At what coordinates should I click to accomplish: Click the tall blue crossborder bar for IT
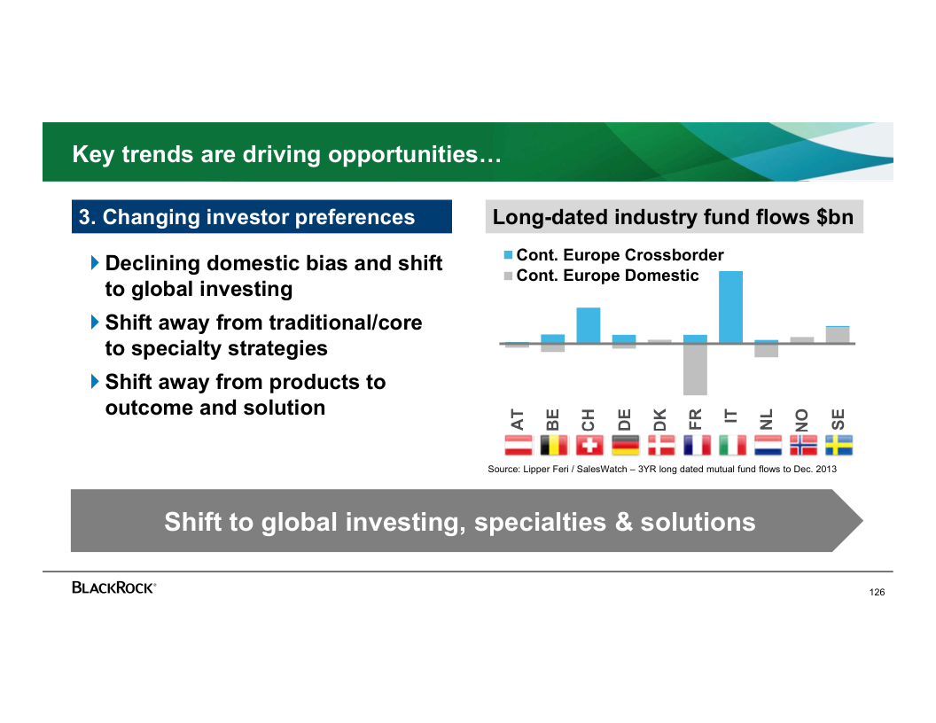[730, 307]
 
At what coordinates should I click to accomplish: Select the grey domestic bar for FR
[696, 369]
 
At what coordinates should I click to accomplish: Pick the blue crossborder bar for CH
[589, 325]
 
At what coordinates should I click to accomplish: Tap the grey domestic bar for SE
[838, 335]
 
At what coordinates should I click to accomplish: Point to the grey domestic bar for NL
[767, 351]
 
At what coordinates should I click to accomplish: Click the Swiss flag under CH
[589, 445]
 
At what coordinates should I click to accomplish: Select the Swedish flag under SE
[839, 445]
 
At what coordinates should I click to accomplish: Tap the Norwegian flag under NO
[803, 445]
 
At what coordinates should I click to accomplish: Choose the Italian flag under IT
[732, 445]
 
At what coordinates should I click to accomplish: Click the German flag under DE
[625, 445]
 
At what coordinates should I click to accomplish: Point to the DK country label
[659, 419]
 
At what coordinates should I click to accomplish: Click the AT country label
[517, 419]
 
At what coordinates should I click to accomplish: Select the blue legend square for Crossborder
[508, 255]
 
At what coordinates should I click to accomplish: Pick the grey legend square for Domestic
[508, 276]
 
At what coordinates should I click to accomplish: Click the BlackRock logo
[114, 587]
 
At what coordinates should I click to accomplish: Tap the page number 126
[877, 593]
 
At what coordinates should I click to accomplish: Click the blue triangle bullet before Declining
[95, 262]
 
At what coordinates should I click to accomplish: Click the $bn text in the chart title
[836, 217]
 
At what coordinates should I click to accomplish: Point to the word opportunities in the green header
[403, 154]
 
